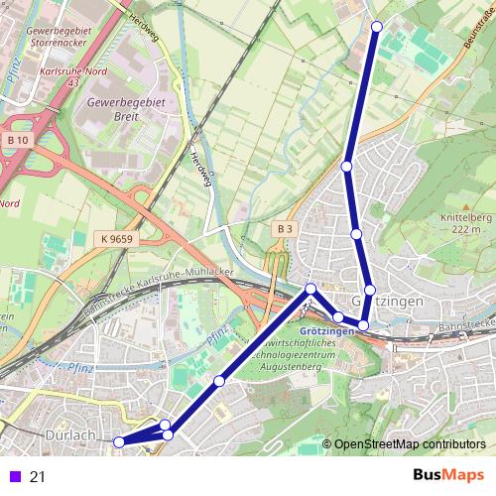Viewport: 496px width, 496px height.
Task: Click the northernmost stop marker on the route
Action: click(x=376, y=27)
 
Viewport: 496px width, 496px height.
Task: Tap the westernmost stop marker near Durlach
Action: click(x=119, y=441)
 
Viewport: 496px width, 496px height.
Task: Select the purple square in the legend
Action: click(x=12, y=477)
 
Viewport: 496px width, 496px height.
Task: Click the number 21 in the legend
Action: click(x=38, y=477)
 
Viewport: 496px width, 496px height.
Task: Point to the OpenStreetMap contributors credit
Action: click(x=410, y=444)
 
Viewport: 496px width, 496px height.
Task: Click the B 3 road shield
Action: click(x=285, y=229)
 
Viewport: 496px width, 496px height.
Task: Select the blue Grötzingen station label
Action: click(x=326, y=329)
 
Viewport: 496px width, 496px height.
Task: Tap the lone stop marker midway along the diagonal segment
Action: click(x=218, y=380)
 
